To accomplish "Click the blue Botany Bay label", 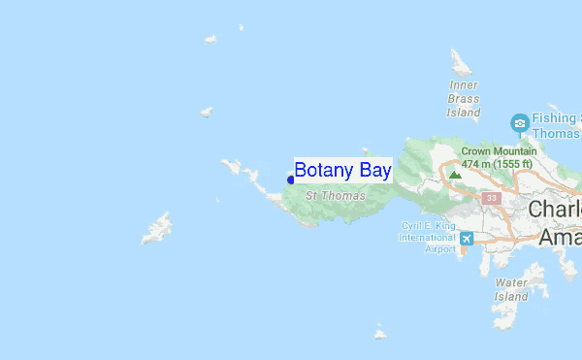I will pos(342,171).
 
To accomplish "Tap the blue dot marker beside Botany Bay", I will pos(291,180).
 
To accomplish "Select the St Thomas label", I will pos(336,196).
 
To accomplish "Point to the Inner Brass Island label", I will pos(464,99).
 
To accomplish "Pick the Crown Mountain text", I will pos(499,151).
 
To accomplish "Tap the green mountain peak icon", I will pos(455,175).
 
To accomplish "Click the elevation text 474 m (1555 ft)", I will pos(497,164).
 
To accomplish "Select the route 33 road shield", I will pos(492,198).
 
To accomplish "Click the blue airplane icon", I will pos(468,239).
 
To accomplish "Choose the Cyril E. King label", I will pos(428,225).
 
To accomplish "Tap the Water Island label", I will pos(511,289).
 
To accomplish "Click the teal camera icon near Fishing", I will pos(520,123).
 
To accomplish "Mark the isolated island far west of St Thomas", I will pos(157,230).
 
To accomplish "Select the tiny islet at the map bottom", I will pos(381,332).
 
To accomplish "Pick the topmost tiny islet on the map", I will pos(210,40).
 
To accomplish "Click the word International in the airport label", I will pos(427,237).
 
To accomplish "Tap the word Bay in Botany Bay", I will pos(373,171).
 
